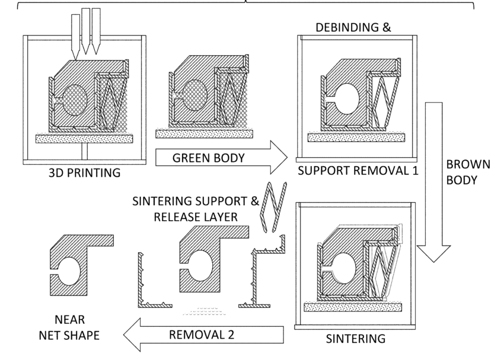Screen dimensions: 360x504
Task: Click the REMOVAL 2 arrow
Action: [x=202, y=334]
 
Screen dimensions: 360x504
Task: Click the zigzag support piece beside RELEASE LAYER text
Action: [x=272, y=208]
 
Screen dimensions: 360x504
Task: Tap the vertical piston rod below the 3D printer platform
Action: [x=86, y=152]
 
